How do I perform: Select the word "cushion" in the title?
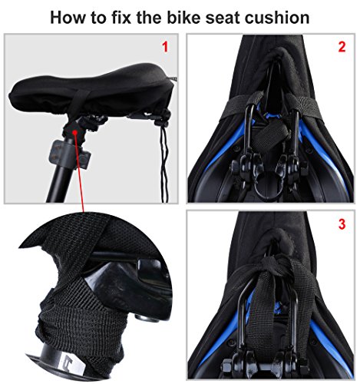[x=270, y=16]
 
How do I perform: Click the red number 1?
[x=163, y=47]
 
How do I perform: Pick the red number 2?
[x=342, y=47]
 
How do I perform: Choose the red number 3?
[x=342, y=224]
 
